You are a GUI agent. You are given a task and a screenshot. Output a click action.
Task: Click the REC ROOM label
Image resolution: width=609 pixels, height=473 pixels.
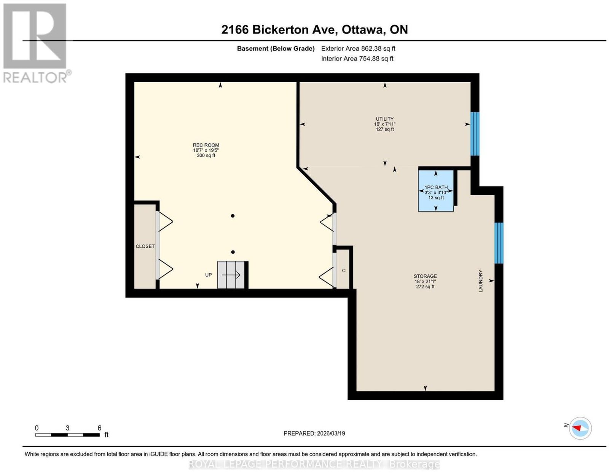[x=206, y=145]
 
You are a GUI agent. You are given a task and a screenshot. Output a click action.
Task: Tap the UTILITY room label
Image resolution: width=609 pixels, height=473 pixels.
[x=384, y=119]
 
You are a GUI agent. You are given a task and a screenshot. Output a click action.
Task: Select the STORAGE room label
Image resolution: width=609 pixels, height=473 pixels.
[x=425, y=276]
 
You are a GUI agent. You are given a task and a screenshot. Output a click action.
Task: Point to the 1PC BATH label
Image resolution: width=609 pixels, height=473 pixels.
[x=436, y=187]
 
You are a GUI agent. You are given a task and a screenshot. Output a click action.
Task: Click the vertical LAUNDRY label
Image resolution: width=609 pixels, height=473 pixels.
[x=481, y=280]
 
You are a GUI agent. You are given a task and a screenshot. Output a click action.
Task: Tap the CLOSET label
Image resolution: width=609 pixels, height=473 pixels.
[x=145, y=246]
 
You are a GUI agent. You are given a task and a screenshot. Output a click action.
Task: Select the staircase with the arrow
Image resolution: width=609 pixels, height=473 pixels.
[x=231, y=275]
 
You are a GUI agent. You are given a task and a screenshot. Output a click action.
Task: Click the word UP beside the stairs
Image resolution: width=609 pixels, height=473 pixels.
[x=208, y=275]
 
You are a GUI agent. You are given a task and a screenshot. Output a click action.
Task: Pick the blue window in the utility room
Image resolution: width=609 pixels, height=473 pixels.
[x=475, y=134]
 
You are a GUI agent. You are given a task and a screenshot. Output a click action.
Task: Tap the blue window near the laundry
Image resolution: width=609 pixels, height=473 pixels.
[x=499, y=243]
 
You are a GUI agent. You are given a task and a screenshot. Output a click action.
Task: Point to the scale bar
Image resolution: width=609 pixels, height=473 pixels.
[x=67, y=435]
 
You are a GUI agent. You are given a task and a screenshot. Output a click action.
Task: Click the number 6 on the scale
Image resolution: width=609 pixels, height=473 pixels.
[x=99, y=428]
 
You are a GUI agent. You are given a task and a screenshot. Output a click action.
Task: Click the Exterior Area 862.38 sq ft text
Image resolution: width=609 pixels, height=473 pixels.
[x=358, y=48]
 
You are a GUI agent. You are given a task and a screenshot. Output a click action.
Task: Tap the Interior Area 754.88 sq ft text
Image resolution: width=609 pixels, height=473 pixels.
[x=357, y=59]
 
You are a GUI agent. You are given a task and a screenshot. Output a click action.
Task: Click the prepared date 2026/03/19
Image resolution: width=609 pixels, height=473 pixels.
[x=331, y=433]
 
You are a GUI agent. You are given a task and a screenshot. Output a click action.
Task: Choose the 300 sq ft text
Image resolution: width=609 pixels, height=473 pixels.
[x=206, y=155]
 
